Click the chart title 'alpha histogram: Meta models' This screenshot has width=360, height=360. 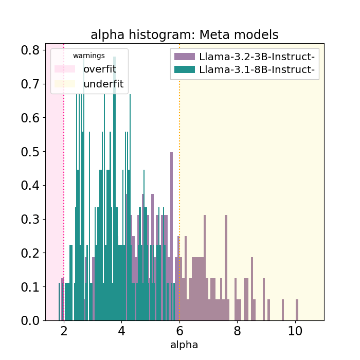point(184,35)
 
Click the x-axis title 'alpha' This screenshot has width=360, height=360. point(184,345)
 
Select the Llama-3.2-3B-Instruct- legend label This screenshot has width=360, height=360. point(257,56)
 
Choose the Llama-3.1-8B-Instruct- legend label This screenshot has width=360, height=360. point(257,69)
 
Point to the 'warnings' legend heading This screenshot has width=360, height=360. point(89,56)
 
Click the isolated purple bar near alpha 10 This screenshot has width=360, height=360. point(297,310)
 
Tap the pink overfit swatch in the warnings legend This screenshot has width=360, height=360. point(65,69)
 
